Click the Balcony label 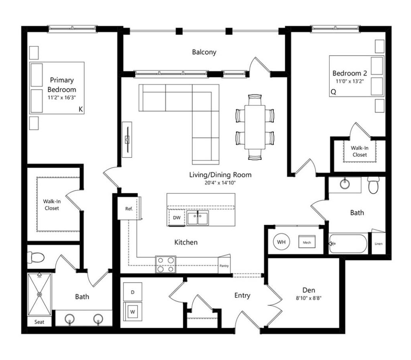204,52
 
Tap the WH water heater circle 281,242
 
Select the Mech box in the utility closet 307,242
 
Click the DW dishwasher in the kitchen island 177,218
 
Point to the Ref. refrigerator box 128,208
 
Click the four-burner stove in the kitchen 166,265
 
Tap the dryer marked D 132,292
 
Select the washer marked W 132,311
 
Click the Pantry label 224,266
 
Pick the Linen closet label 378,244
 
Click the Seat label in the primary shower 39,322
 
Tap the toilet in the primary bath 36,257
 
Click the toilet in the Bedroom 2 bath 374,185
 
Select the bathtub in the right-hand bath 348,244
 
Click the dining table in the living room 255,127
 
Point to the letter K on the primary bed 81,109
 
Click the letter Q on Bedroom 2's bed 334,92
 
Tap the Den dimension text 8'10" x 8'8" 309,298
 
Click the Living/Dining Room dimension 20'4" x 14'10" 220,183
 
